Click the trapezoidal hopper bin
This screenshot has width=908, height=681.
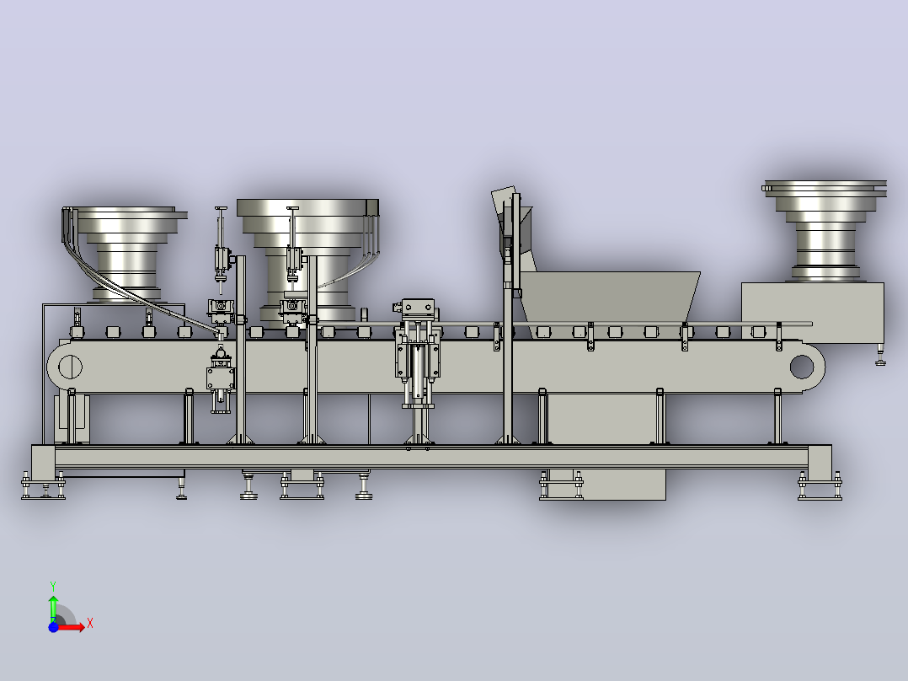(609, 297)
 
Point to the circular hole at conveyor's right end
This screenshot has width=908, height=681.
(802, 367)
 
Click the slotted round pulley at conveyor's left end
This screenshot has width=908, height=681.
(70, 367)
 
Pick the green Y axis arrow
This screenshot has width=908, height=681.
(53, 609)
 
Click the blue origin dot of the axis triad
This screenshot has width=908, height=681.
(53, 627)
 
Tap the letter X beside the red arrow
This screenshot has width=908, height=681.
(90, 624)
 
